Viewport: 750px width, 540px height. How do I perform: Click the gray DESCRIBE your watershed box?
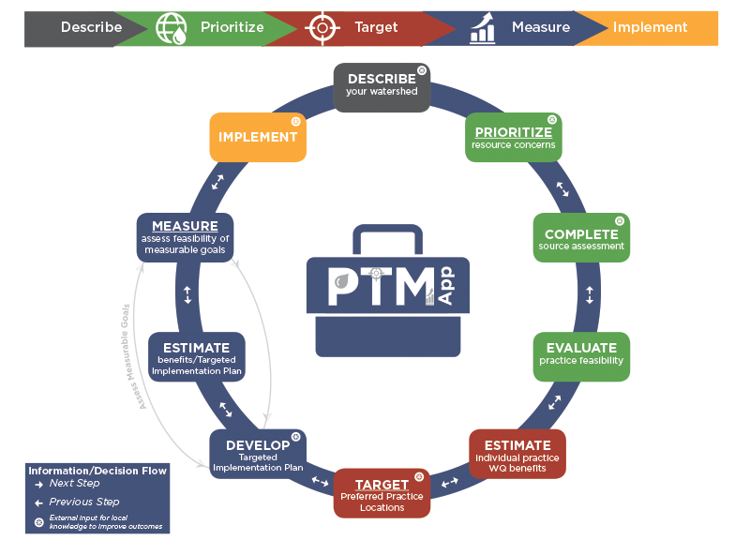point(382,87)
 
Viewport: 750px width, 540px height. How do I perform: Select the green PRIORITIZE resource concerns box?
point(513,137)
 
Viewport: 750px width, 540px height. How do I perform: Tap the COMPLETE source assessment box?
point(581,238)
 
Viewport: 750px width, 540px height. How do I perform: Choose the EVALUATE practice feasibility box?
point(581,355)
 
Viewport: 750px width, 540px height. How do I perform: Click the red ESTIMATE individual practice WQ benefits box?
point(517,454)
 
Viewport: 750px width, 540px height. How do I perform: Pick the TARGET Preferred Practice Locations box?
point(382,493)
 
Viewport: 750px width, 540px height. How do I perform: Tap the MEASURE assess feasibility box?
point(185,237)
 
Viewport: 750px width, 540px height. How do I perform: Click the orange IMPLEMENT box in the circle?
point(258,137)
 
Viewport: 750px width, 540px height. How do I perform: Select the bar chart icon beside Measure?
point(483,27)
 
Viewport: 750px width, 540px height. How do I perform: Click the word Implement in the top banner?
point(650,27)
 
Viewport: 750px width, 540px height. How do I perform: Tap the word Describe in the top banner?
point(91,27)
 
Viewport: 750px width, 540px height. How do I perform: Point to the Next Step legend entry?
point(74,484)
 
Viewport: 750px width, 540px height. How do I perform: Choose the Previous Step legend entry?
point(83,502)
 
